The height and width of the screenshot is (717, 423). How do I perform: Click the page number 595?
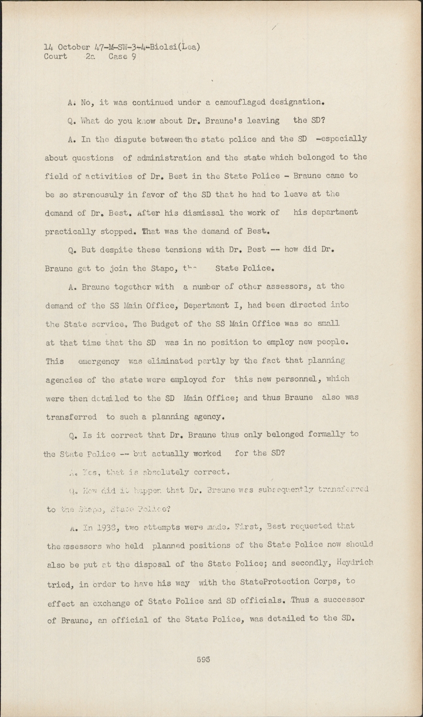203,659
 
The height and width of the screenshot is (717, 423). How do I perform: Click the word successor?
342,600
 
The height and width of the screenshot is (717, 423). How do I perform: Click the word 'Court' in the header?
56,56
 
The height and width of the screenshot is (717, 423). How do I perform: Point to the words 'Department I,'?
224,305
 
